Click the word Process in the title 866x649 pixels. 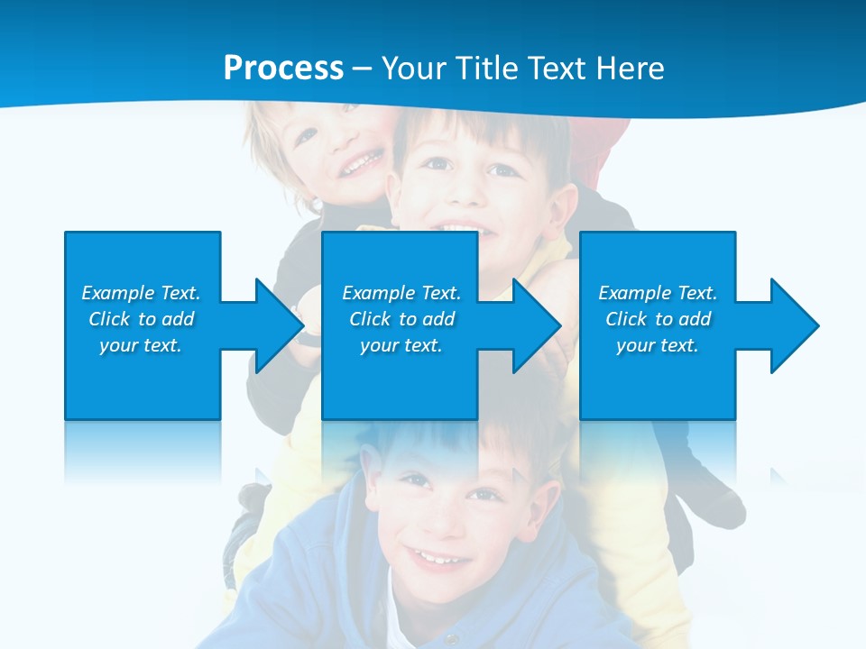click(283, 69)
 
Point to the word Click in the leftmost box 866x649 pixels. click(110, 319)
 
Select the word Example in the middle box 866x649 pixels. click(371, 293)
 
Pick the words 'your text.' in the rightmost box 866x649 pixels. click(657, 345)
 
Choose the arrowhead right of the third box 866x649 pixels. click(793, 325)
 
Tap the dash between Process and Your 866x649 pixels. click(363, 69)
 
